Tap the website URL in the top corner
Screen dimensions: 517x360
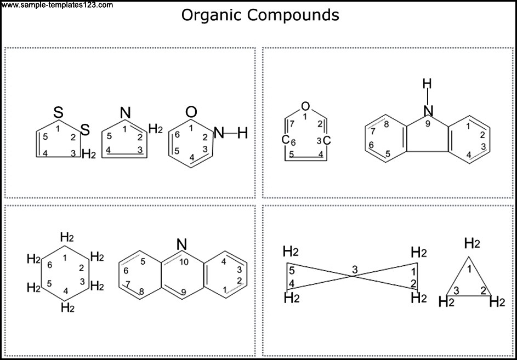(x=56, y=4)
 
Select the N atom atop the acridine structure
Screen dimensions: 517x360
(x=181, y=244)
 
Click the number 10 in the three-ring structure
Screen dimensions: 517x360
(x=184, y=262)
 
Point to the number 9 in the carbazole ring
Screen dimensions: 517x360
(x=428, y=125)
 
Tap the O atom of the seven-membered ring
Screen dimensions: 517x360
(x=306, y=106)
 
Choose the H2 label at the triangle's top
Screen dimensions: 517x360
(x=472, y=244)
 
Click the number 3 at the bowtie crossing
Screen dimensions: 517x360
(x=355, y=270)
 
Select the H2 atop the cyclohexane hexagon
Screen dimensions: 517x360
(x=67, y=237)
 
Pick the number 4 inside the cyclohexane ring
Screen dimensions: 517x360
(x=66, y=291)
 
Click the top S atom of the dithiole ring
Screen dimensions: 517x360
(x=58, y=113)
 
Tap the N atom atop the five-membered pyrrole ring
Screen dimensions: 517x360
(x=125, y=113)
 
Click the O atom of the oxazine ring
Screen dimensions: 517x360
(x=191, y=112)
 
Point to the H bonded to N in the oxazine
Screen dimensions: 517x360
(x=242, y=134)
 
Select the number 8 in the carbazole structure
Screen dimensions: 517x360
(x=387, y=124)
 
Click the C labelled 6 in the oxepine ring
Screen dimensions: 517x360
(x=285, y=140)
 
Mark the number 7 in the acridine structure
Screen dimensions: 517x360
(x=128, y=283)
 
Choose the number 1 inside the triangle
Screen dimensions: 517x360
(x=469, y=270)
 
